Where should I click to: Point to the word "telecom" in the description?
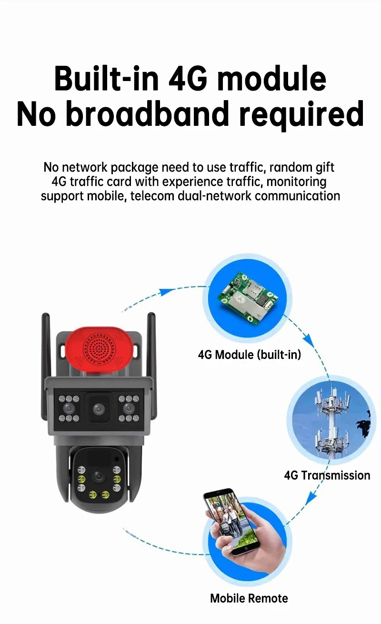click(149, 196)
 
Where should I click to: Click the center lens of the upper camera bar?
click(99, 409)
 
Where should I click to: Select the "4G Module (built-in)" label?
click(250, 355)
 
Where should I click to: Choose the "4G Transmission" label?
click(327, 475)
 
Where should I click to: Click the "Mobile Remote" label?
click(249, 598)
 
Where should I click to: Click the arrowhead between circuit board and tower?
click(308, 340)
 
